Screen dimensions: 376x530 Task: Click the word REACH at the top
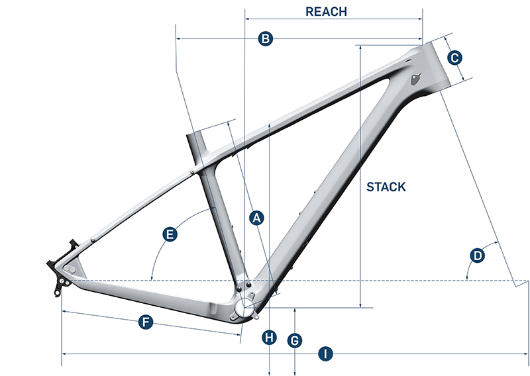click(326, 11)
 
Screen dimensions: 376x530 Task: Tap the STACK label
click(386, 187)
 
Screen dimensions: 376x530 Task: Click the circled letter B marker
click(265, 39)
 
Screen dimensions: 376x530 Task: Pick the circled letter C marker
click(454, 58)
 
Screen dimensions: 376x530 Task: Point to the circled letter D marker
click(477, 255)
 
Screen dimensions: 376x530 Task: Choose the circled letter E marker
click(170, 234)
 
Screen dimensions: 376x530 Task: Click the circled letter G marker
click(295, 340)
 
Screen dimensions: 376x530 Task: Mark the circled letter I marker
click(325, 354)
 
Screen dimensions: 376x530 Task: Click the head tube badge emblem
click(415, 80)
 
